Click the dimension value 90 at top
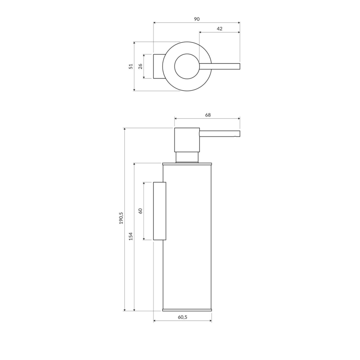click(197, 19)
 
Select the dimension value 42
click(219, 29)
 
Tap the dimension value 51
click(131, 66)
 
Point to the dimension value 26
click(140, 66)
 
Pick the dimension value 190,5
click(121, 218)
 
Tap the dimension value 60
click(140, 211)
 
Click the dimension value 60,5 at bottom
click(182, 317)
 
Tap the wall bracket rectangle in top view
click(158, 66)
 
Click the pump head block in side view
click(187, 140)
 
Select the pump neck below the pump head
click(187, 156)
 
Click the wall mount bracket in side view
click(160, 211)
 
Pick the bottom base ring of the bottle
click(187, 309)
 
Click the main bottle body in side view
click(189, 249)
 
